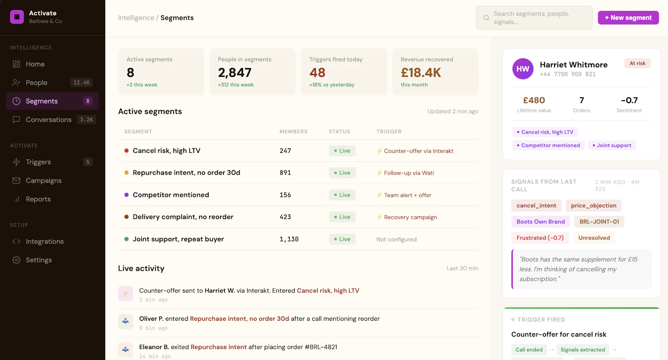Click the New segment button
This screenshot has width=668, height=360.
click(x=628, y=18)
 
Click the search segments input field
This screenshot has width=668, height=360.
click(x=534, y=18)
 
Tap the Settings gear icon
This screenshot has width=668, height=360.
click(x=16, y=260)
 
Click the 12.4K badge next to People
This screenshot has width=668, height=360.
click(x=81, y=83)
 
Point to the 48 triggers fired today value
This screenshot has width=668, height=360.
click(x=317, y=73)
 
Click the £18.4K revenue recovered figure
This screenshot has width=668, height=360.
click(x=421, y=73)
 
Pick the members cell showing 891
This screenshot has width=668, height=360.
click(x=285, y=173)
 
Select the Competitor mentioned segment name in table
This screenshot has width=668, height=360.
click(x=171, y=195)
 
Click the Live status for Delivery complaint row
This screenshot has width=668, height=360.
click(x=342, y=217)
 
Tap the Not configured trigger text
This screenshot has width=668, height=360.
click(x=396, y=239)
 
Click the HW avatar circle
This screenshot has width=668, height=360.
click(x=523, y=68)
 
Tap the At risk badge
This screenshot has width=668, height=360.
click(x=637, y=63)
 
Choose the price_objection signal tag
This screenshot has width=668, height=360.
click(x=593, y=205)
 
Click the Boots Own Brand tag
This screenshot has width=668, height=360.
click(x=540, y=222)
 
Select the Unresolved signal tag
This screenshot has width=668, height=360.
click(x=594, y=238)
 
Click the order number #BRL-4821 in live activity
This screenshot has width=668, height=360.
click(x=321, y=347)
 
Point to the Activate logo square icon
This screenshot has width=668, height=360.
click(x=17, y=17)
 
